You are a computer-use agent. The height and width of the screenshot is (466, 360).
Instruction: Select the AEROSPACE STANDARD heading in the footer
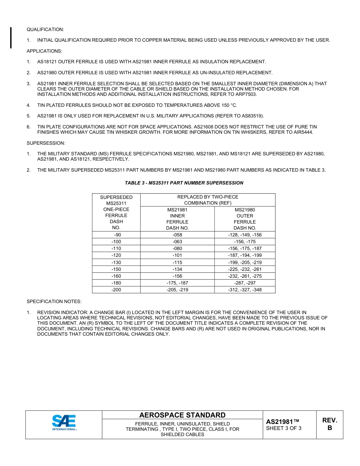pyautogui.click(x=182, y=415)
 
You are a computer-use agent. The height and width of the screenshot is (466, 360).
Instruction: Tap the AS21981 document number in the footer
pyautogui.click(x=282, y=422)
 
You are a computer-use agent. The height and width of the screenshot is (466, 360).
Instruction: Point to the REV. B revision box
pyautogui.click(x=329, y=424)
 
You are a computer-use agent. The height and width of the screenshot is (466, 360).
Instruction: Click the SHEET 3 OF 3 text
pyautogui.click(x=284, y=428)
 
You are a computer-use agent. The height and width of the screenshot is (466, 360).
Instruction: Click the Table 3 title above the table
pyautogui.click(x=184, y=183)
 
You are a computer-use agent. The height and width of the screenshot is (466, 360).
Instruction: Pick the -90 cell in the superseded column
pyautogui.click(x=116, y=235)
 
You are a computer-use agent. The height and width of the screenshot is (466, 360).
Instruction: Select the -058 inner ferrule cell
pyautogui.click(x=177, y=235)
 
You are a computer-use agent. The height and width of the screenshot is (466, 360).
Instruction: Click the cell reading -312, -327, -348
pyautogui.click(x=245, y=290)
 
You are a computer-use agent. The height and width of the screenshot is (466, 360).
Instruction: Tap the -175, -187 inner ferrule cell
pyautogui.click(x=177, y=283)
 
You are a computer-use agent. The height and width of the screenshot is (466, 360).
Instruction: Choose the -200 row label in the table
pyautogui.click(x=116, y=290)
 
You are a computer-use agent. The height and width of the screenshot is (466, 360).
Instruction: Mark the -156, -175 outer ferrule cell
pyautogui.click(x=245, y=242)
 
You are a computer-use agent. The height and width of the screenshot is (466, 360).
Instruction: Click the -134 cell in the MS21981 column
pyautogui.click(x=177, y=269)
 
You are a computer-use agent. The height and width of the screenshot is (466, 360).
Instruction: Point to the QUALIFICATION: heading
pyautogui.click(x=45, y=30)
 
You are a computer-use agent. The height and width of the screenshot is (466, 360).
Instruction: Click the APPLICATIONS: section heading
pyautogui.click(x=44, y=51)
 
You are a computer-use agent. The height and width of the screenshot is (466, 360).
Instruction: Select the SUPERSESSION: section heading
pyautogui.click(x=46, y=143)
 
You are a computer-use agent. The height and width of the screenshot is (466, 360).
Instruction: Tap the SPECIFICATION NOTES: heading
pyautogui.click(x=54, y=302)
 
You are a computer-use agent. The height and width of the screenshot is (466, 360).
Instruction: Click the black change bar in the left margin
pyautogui.click(x=11, y=38)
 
